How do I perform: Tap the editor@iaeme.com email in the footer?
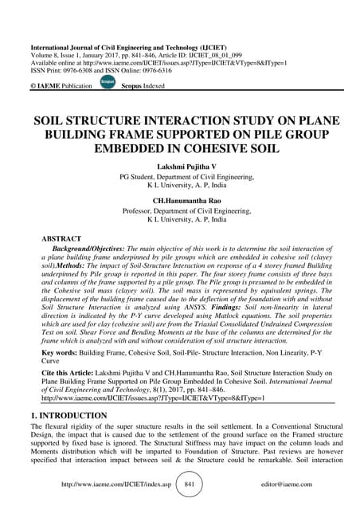271,484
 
